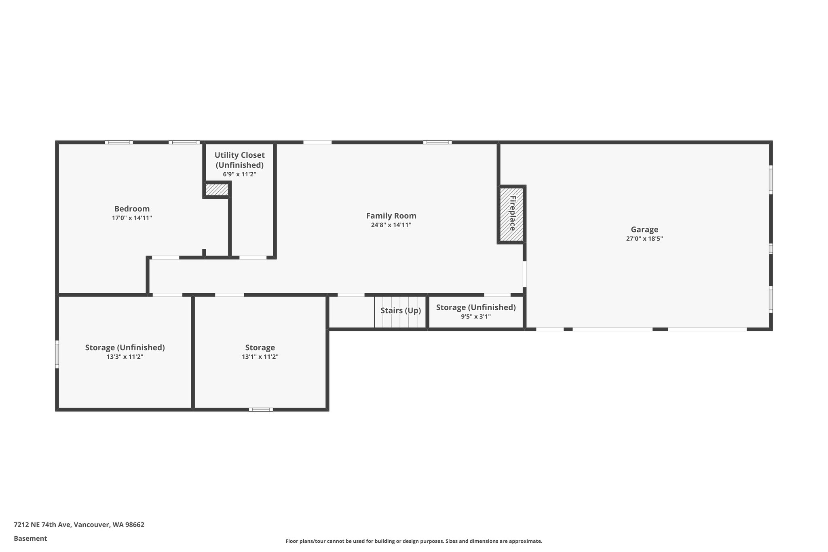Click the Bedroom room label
coord(132,209)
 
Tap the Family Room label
coord(391,216)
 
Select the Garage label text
coord(644,230)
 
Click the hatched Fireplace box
coord(511,214)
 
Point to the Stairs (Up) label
coord(401,311)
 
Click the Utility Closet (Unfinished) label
coord(240,160)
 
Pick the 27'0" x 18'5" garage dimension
coord(644,239)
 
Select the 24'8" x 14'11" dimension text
coord(391,225)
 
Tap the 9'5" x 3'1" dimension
coord(476,317)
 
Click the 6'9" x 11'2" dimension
coord(240,174)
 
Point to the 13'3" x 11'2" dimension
coord(125,357)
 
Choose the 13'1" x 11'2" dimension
coord(260,357)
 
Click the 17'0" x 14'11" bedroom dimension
coord(132,218)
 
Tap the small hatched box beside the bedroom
coord(217,190)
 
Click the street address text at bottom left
coord(79,525)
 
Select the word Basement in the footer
coord(30,539)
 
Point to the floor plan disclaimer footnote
coord(414,541)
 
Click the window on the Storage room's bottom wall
coord(261,410)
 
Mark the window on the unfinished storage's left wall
coord(57,354)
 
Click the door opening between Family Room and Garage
coord(524,274)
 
